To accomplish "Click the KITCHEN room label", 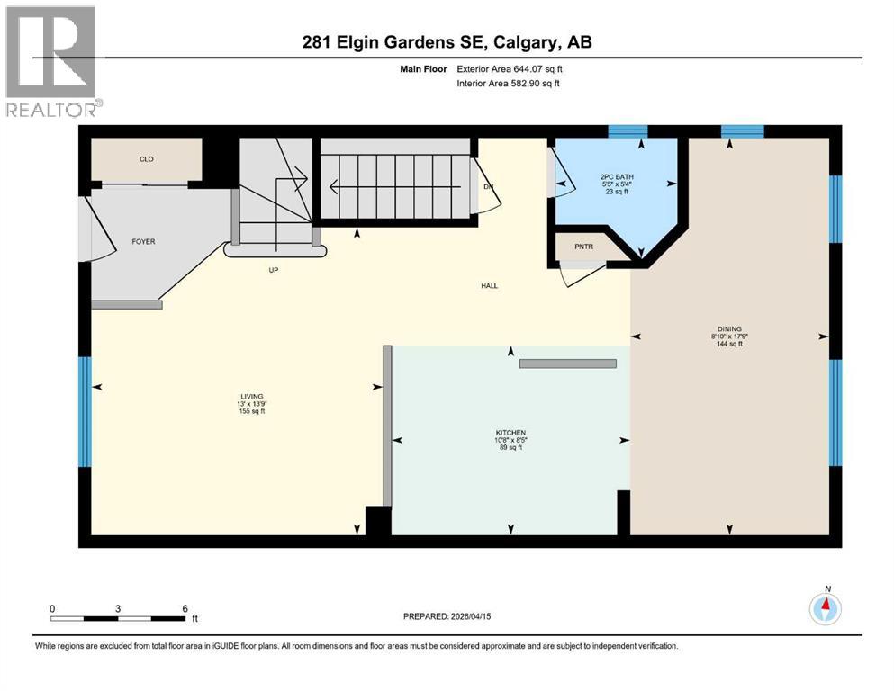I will (x=510, y=433).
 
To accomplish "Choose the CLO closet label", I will (x=146, y=159).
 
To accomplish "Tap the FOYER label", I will (x=143, y=241).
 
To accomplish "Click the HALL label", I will (x=489, y=286).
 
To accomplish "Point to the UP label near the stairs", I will (x=271, y=269).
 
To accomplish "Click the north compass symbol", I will (x=825, y=609).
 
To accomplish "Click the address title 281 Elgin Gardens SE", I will (x=447, y=42).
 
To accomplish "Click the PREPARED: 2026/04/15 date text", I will (x=447, y=616).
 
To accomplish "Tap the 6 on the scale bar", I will (x=184, y=608).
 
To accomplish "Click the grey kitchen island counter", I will (x=567, y=363).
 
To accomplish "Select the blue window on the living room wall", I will (x=85, y=412).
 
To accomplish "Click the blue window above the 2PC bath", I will (x=628, y=131).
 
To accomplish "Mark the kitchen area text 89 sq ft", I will (x=510, y=447).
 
